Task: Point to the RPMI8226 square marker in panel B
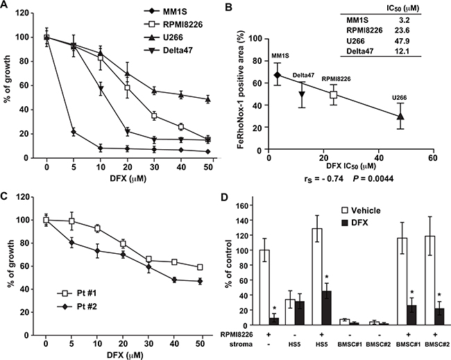[x=333, y=94]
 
